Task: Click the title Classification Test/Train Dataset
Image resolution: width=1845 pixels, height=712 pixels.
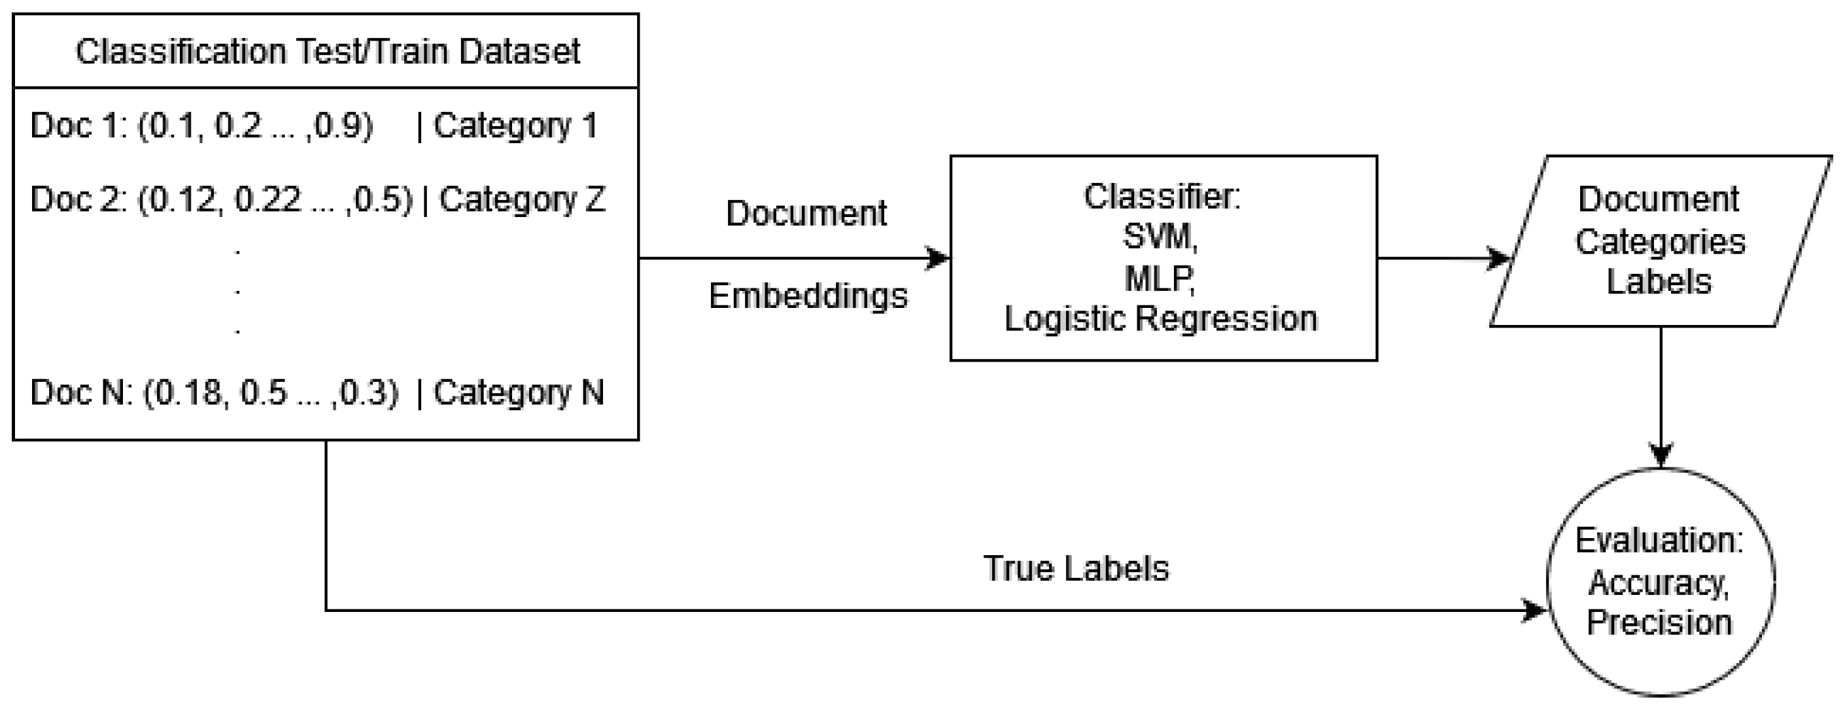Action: coord(327,52)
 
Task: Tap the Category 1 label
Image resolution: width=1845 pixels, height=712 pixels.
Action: coord(515,126)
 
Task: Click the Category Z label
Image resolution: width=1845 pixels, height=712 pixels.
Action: coord(521,200)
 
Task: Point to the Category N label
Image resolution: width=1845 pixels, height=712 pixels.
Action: coord(519,392)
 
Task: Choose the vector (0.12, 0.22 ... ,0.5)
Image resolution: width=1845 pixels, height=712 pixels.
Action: coord(275,200)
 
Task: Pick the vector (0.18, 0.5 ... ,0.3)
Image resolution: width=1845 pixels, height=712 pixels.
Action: coord(270,392)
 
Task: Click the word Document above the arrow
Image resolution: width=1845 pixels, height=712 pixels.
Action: coord(806,213)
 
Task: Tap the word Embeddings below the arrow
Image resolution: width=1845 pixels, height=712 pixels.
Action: coord(808,295)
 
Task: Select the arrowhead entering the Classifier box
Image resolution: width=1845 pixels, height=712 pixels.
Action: coord(939,258)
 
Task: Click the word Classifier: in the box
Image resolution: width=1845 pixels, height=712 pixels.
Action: coord(1162,197)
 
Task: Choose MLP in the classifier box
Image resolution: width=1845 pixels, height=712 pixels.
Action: coord(1160,278)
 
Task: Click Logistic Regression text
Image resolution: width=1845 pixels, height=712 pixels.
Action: coord(1160,319)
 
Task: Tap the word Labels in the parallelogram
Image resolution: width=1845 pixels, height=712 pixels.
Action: coord(1659,282)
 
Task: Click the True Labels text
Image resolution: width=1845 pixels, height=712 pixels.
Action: coord(1076,569)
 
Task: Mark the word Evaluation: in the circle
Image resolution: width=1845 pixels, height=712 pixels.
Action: coord(1659,540)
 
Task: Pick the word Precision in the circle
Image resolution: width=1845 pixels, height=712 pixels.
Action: coord(1659,622)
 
